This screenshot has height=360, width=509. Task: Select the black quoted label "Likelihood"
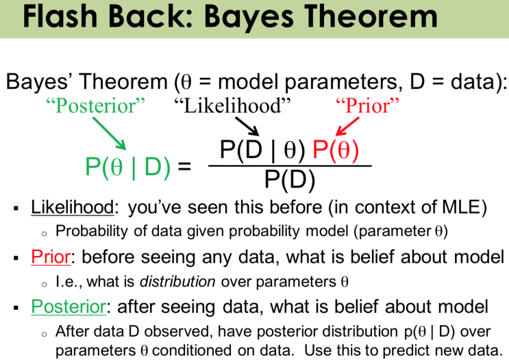(x=232, y=105)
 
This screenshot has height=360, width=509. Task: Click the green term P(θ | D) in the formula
(x=127, y=166)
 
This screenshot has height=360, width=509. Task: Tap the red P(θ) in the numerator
(x=336, y=149)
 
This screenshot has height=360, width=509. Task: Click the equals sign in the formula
(x=184, y=167)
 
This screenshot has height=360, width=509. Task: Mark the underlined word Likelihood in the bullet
(x=66, y=207)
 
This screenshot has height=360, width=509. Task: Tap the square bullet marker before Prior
(x=16, y=258)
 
